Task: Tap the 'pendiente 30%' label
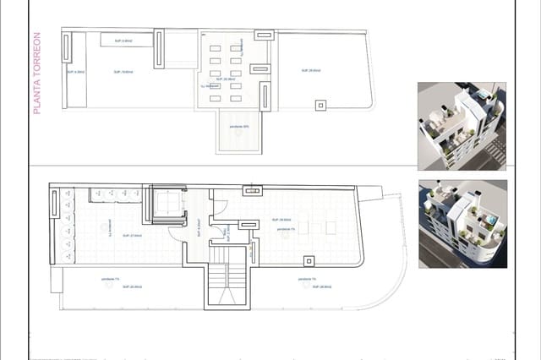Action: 239,127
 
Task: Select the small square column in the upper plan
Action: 320,106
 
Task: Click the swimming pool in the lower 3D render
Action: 489,221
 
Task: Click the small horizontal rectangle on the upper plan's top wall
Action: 262,35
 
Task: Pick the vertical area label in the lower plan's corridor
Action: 197,227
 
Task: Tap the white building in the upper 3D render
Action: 456,127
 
